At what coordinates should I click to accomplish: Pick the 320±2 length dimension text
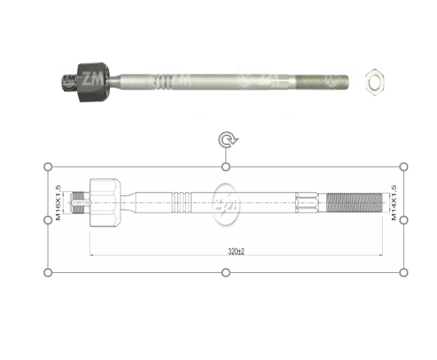click(236, 252)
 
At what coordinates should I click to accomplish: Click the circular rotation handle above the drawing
click(226, 140)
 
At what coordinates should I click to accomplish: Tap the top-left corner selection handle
click(48, 167)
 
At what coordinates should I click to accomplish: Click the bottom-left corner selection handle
click(48, 272)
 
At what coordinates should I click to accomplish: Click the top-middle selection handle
click(226, 167)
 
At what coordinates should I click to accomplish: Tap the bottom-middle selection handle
click(226, 272)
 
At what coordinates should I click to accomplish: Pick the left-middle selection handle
click(48, 220)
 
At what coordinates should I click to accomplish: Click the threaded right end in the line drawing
click(354, 201)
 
